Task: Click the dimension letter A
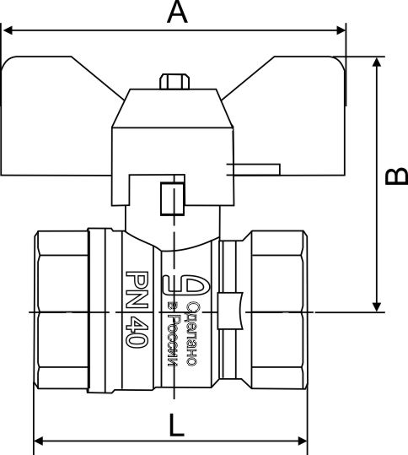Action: pyautogui.click(x=177, y=12)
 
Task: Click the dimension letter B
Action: pyautogui.click(x=396, y=176)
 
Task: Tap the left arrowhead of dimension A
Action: pyautogui.click(x=8, y=30)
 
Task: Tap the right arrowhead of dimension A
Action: pyautogui.click(x=341, y=30)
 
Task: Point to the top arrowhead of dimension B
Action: pyautogui.click(x=377, y=62)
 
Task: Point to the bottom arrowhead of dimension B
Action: pyautogui.click(x=377, y=307)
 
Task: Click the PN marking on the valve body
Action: pyautogui.click(x=137, y=290)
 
